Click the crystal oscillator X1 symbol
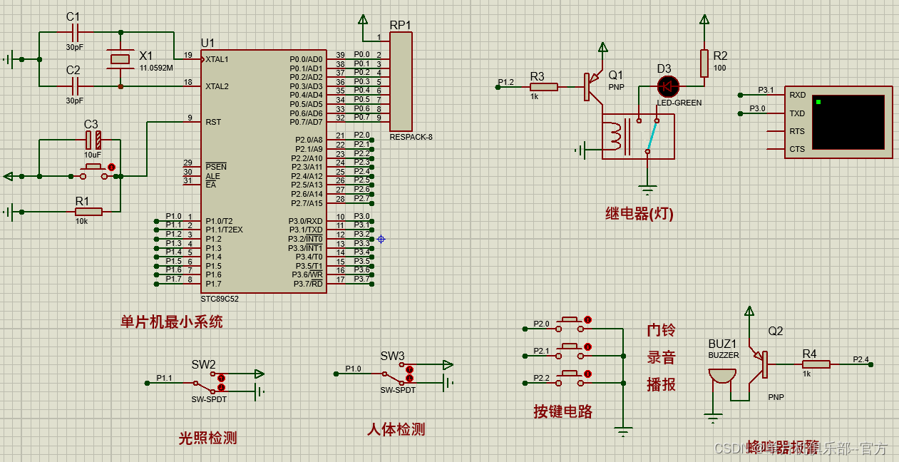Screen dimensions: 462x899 tap(120, 60)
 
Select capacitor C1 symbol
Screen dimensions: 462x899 tap(75, 32)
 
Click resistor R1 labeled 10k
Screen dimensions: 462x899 tap(88, 212)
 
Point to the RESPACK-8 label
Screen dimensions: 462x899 tap(411, 137)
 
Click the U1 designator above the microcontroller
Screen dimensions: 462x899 tap(207, 43)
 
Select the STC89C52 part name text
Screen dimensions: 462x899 tap(220, 299)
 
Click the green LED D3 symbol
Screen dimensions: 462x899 tap(668, 87)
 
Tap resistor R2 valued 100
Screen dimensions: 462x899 tap(704, 63)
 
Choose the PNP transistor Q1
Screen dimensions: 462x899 tap(590, 86)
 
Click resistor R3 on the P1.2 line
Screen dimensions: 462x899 tap(544, 87)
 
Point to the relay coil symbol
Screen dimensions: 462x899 tap(618, 138)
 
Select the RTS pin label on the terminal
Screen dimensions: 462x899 tap(797, 131)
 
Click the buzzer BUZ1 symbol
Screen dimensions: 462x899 tap(721, 376)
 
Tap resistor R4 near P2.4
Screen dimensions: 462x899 tap(816, 364)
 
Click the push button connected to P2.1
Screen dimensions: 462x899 tap(570, 347)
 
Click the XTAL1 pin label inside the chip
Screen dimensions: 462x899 tap(217, 59)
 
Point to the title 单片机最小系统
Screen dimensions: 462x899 tap(171, 322)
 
